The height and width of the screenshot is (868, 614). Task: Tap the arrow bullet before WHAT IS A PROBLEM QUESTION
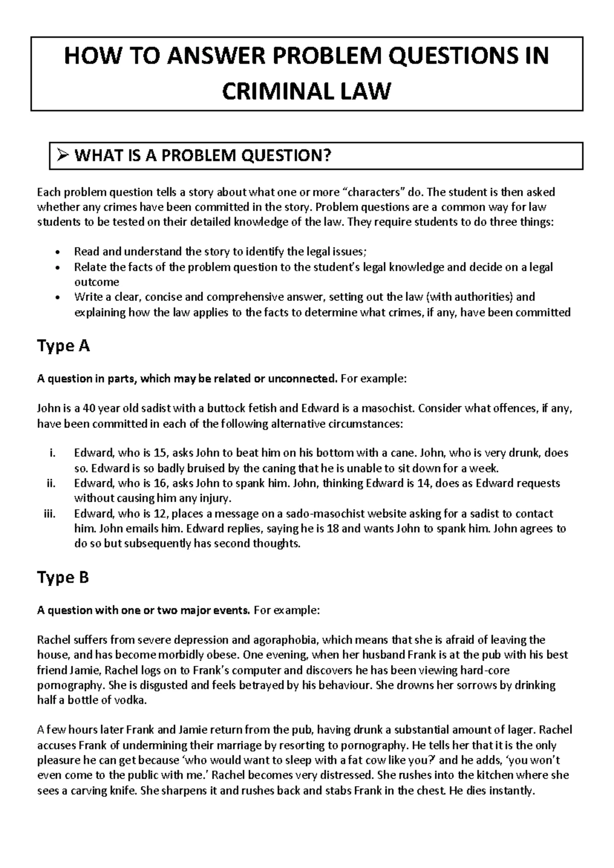(x=62, y=156)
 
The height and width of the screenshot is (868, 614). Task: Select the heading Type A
(x=63, y=346)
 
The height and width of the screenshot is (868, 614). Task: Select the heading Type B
(x=63, y=578)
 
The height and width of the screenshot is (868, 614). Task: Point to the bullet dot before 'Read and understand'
(x=57, y=252)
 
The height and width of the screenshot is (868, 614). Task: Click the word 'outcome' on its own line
(x=97, y=282)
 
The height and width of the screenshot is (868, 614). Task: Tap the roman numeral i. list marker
(x=50, y=453)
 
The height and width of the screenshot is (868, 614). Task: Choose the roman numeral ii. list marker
(x=50, y=484)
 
